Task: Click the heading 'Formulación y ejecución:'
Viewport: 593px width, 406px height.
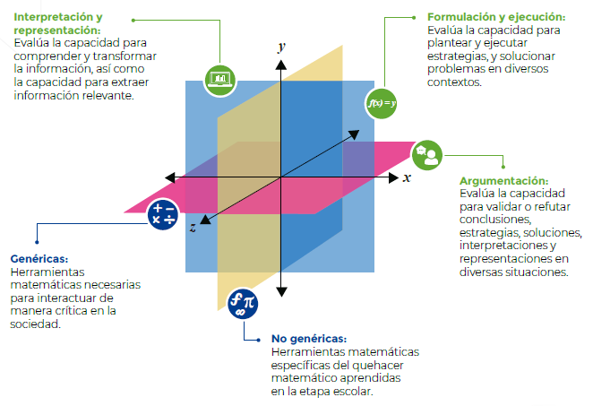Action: [495, 17]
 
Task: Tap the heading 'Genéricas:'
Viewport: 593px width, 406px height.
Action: [37, 257]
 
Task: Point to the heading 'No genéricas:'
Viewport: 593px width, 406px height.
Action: [308, 339]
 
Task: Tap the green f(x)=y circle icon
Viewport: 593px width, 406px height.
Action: [382, 103]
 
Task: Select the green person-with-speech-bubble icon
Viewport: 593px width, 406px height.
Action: [427, 154]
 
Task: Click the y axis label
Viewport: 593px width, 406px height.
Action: [281, 47]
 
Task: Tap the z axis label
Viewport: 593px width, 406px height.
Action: [193, 228]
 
